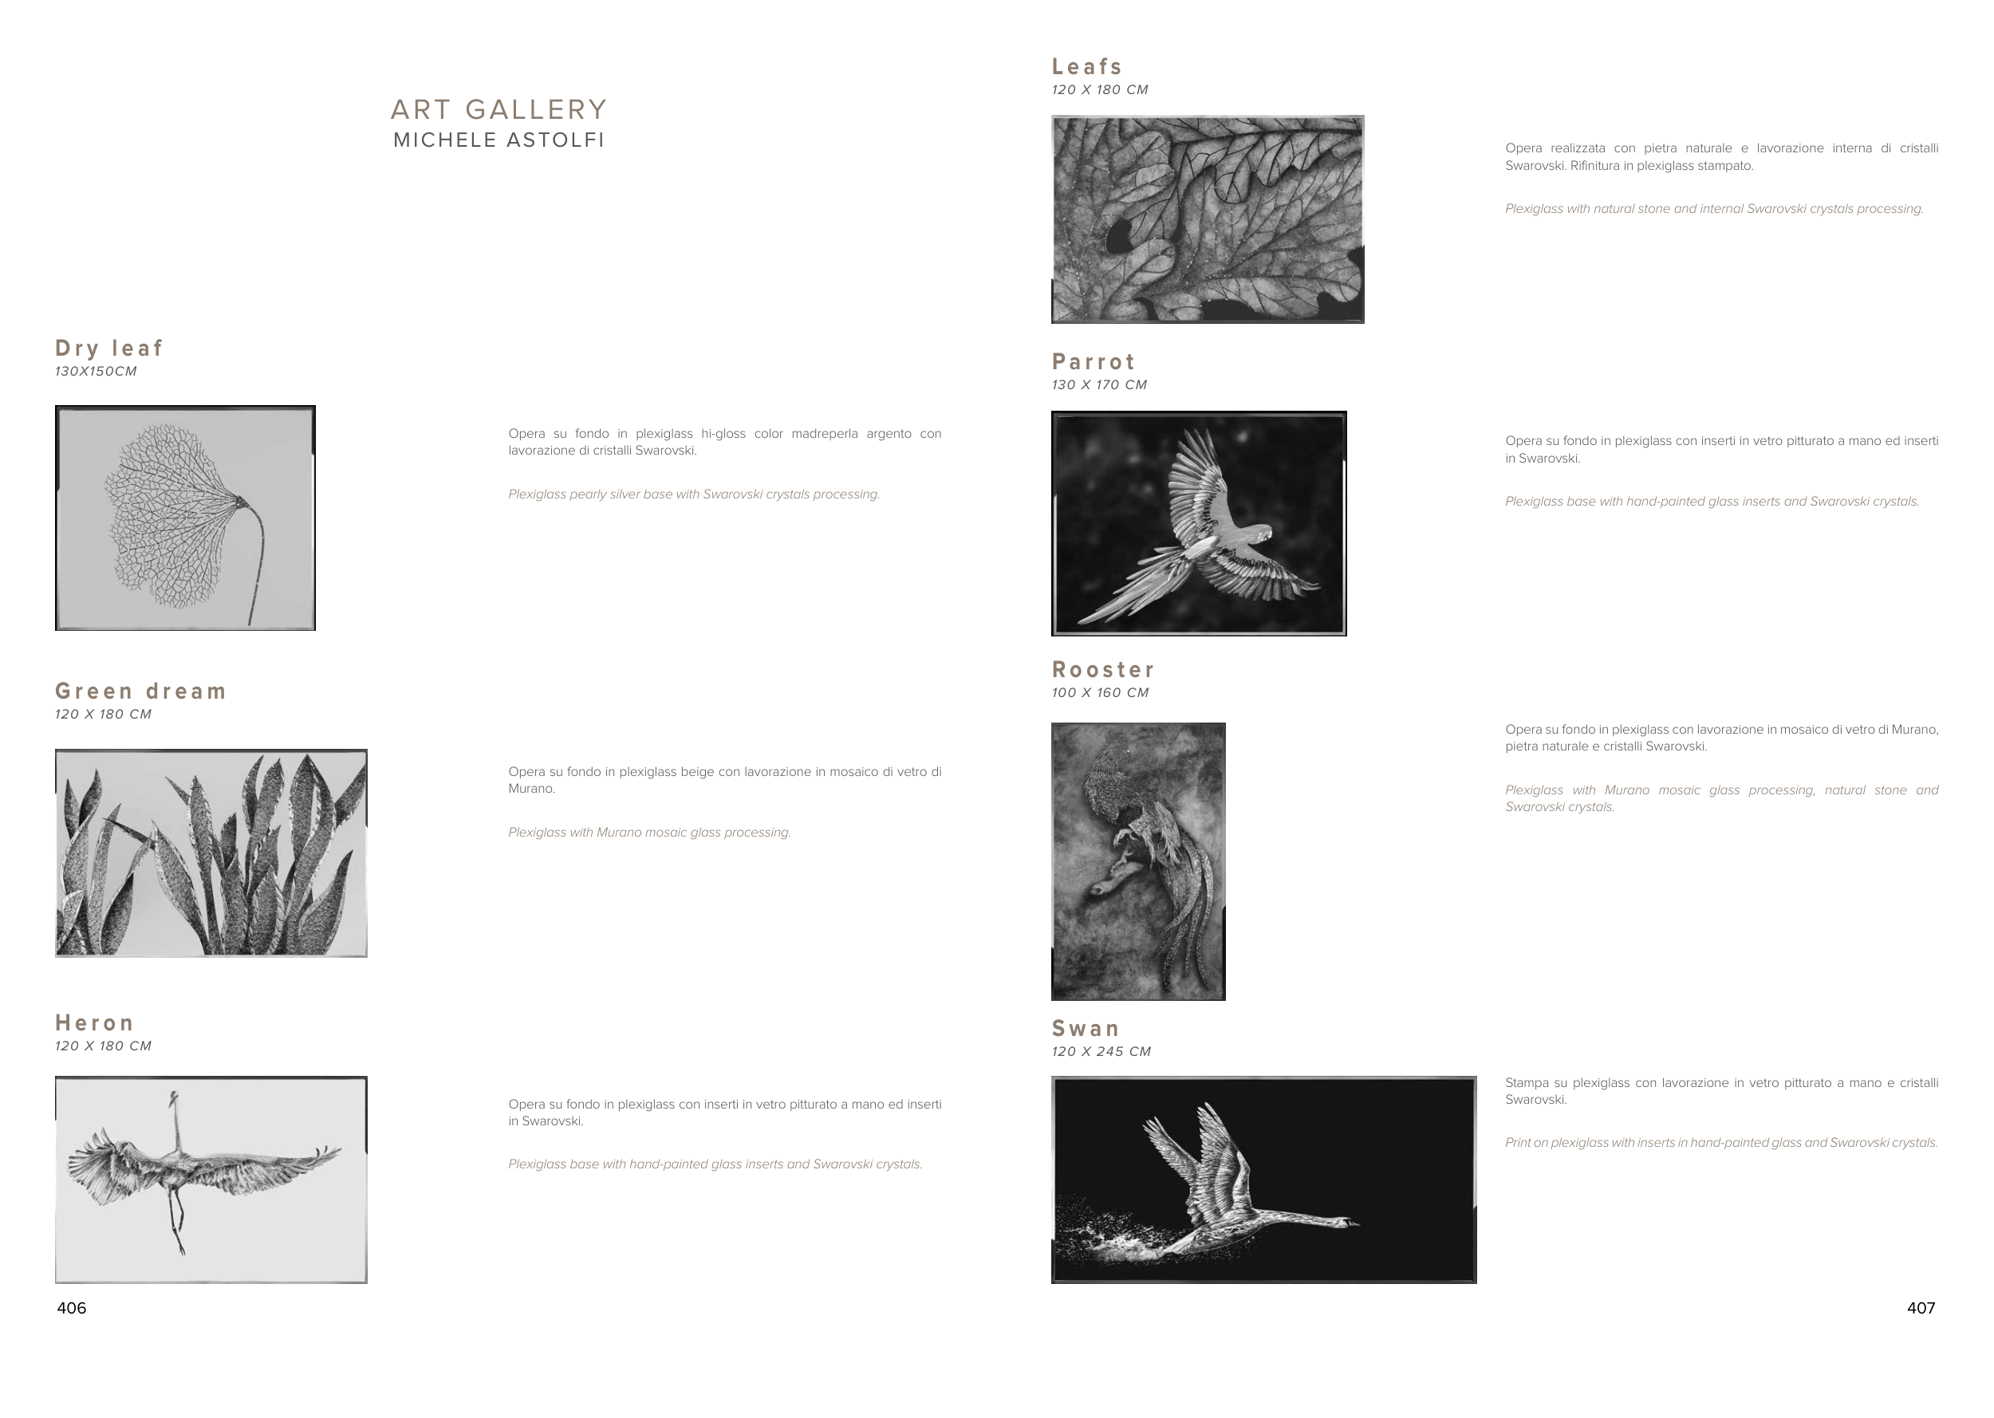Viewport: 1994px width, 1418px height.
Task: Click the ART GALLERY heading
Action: click(x=498, y=110)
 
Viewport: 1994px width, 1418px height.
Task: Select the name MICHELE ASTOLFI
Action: click(x=498, y=140)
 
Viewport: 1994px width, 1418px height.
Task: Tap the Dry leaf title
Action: click(x=109, y=349)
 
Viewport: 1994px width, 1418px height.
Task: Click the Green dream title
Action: click(x=140, y=691)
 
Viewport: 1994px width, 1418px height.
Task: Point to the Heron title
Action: click(x=94, y=1023)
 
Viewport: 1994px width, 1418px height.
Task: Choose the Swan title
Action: click(x=1086, y=1029)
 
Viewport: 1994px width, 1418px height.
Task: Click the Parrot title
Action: click(x=1094, y=361)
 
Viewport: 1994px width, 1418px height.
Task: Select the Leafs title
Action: click(x=1087, y=66)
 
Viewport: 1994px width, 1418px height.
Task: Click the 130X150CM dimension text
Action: click(x=96, y=371)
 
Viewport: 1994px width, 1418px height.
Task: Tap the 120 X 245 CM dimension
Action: click(x=1101, y=1051)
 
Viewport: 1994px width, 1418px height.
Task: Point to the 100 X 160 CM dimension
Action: click(x=1101, y=692)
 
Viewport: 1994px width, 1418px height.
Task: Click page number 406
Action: click(x=72, y=1308)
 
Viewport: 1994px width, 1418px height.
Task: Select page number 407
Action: click(x=1921, y=1308)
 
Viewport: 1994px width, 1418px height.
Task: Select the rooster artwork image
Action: click(x=1138, y=862)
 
